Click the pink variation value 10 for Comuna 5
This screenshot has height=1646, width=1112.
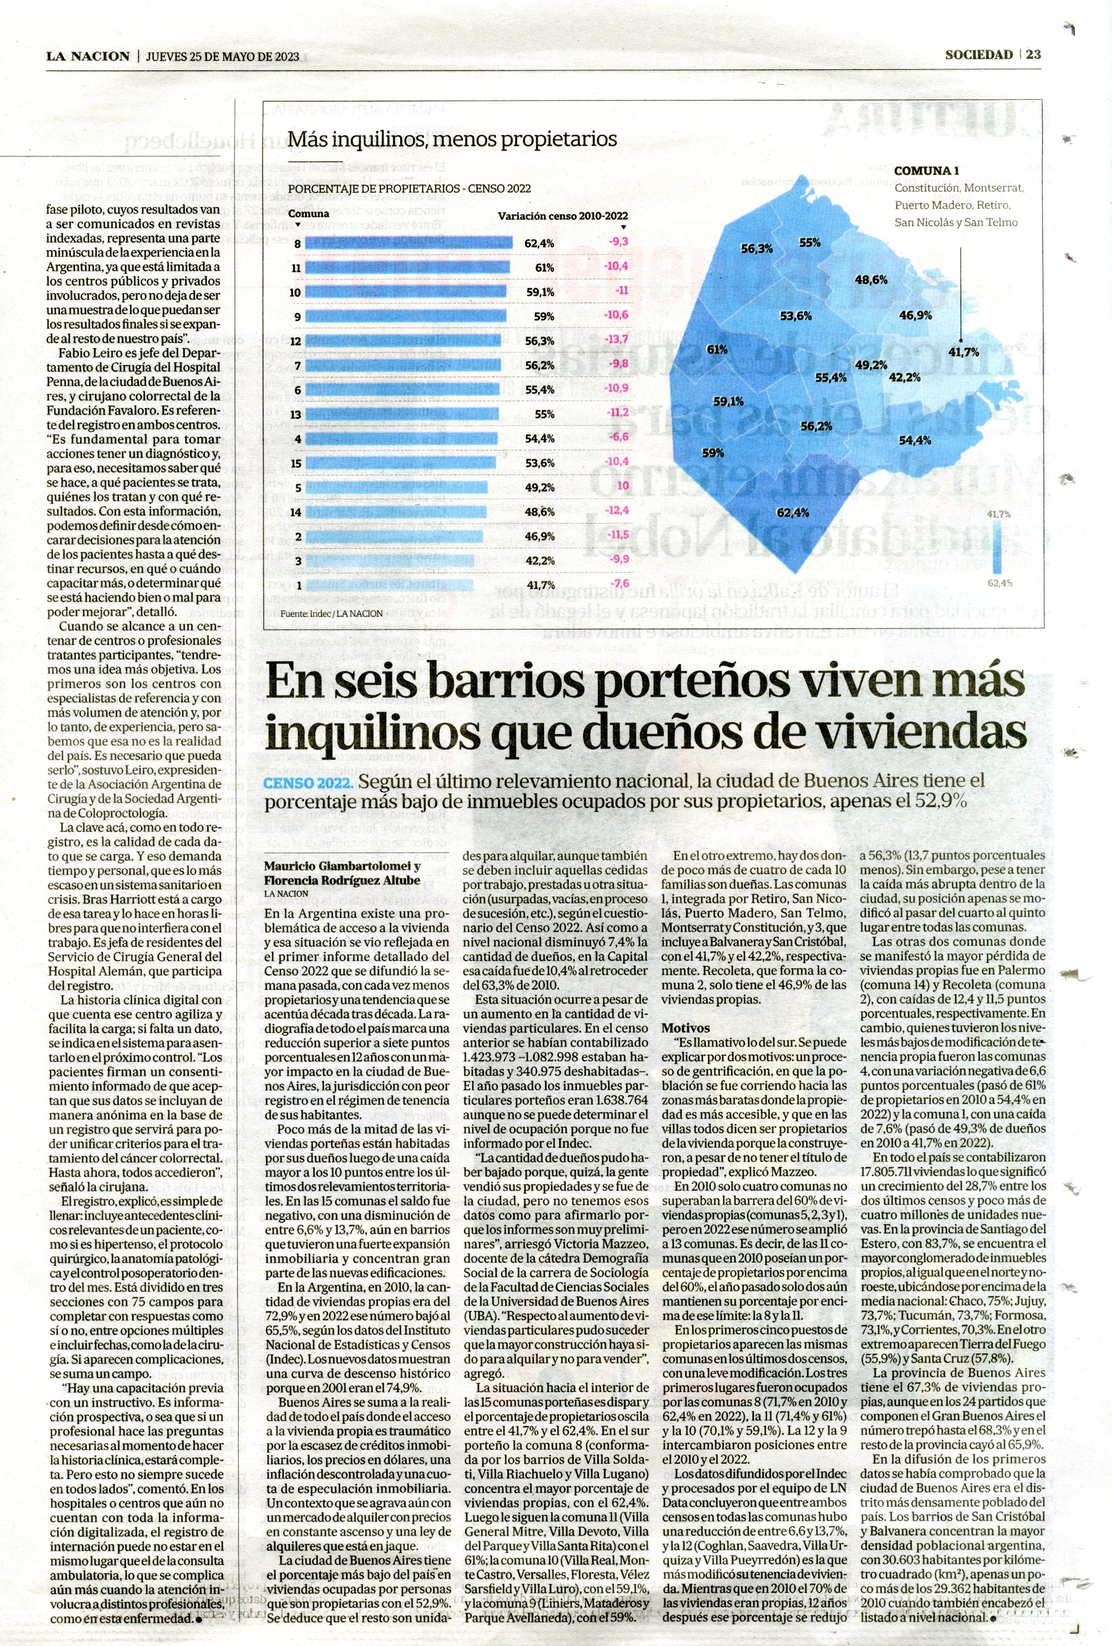(622, 486)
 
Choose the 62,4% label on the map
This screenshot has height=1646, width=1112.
(793, 512)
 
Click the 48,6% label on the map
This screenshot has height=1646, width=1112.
(871, 279)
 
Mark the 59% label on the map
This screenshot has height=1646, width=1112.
(713, 453)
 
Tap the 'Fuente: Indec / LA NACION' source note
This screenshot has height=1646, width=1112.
(331, 613)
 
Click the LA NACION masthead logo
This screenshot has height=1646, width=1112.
(88, 56)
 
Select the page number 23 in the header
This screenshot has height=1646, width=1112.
(1034, 54)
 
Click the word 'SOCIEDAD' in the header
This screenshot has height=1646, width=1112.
(979, 54)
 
